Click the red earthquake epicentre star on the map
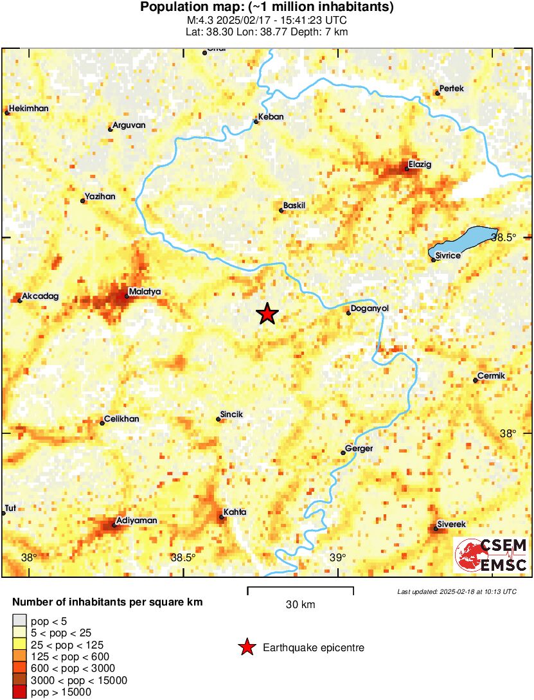click(x=267, y=314)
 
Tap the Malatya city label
click(x=145, y=292)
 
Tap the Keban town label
click(x=271, y=117)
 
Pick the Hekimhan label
click(x=30, y=109)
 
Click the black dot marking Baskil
click(x=281, y=210)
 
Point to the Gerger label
click(x=359, y=449)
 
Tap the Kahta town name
click(x=235, y=512)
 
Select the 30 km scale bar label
click(x=300, y=605)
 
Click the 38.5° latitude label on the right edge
click(x=503, y=237)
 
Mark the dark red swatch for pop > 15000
click(x=20, y=692)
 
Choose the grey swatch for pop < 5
click(x=20, y=620)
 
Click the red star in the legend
click(x=247, y=648)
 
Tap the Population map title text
click(x=267, y=8)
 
